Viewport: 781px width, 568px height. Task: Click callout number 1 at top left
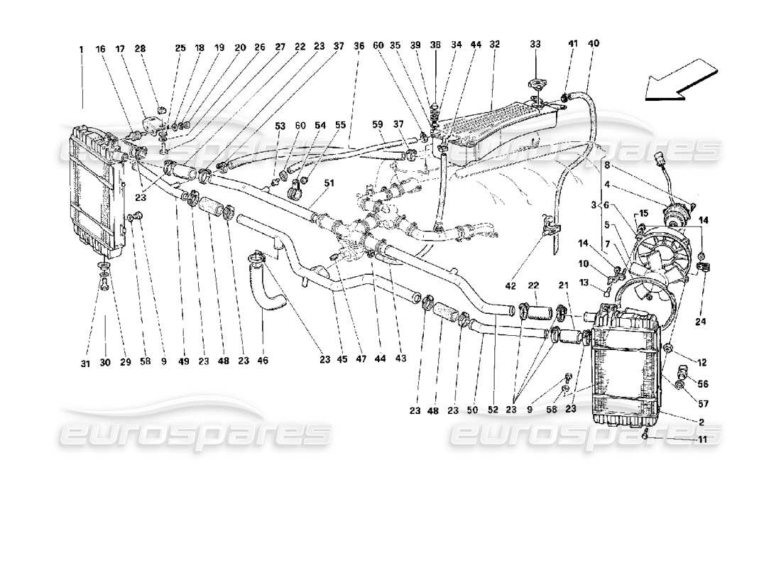(82, 50)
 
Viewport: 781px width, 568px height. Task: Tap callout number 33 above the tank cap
(535, 44)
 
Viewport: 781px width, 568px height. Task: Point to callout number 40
(594, 44)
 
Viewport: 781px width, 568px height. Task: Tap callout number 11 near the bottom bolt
(700, 440)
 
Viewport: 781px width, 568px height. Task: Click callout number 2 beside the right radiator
(700, 422)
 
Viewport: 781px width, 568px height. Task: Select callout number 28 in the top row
(141, 50)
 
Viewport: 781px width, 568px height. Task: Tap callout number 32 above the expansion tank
(494, 44)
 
